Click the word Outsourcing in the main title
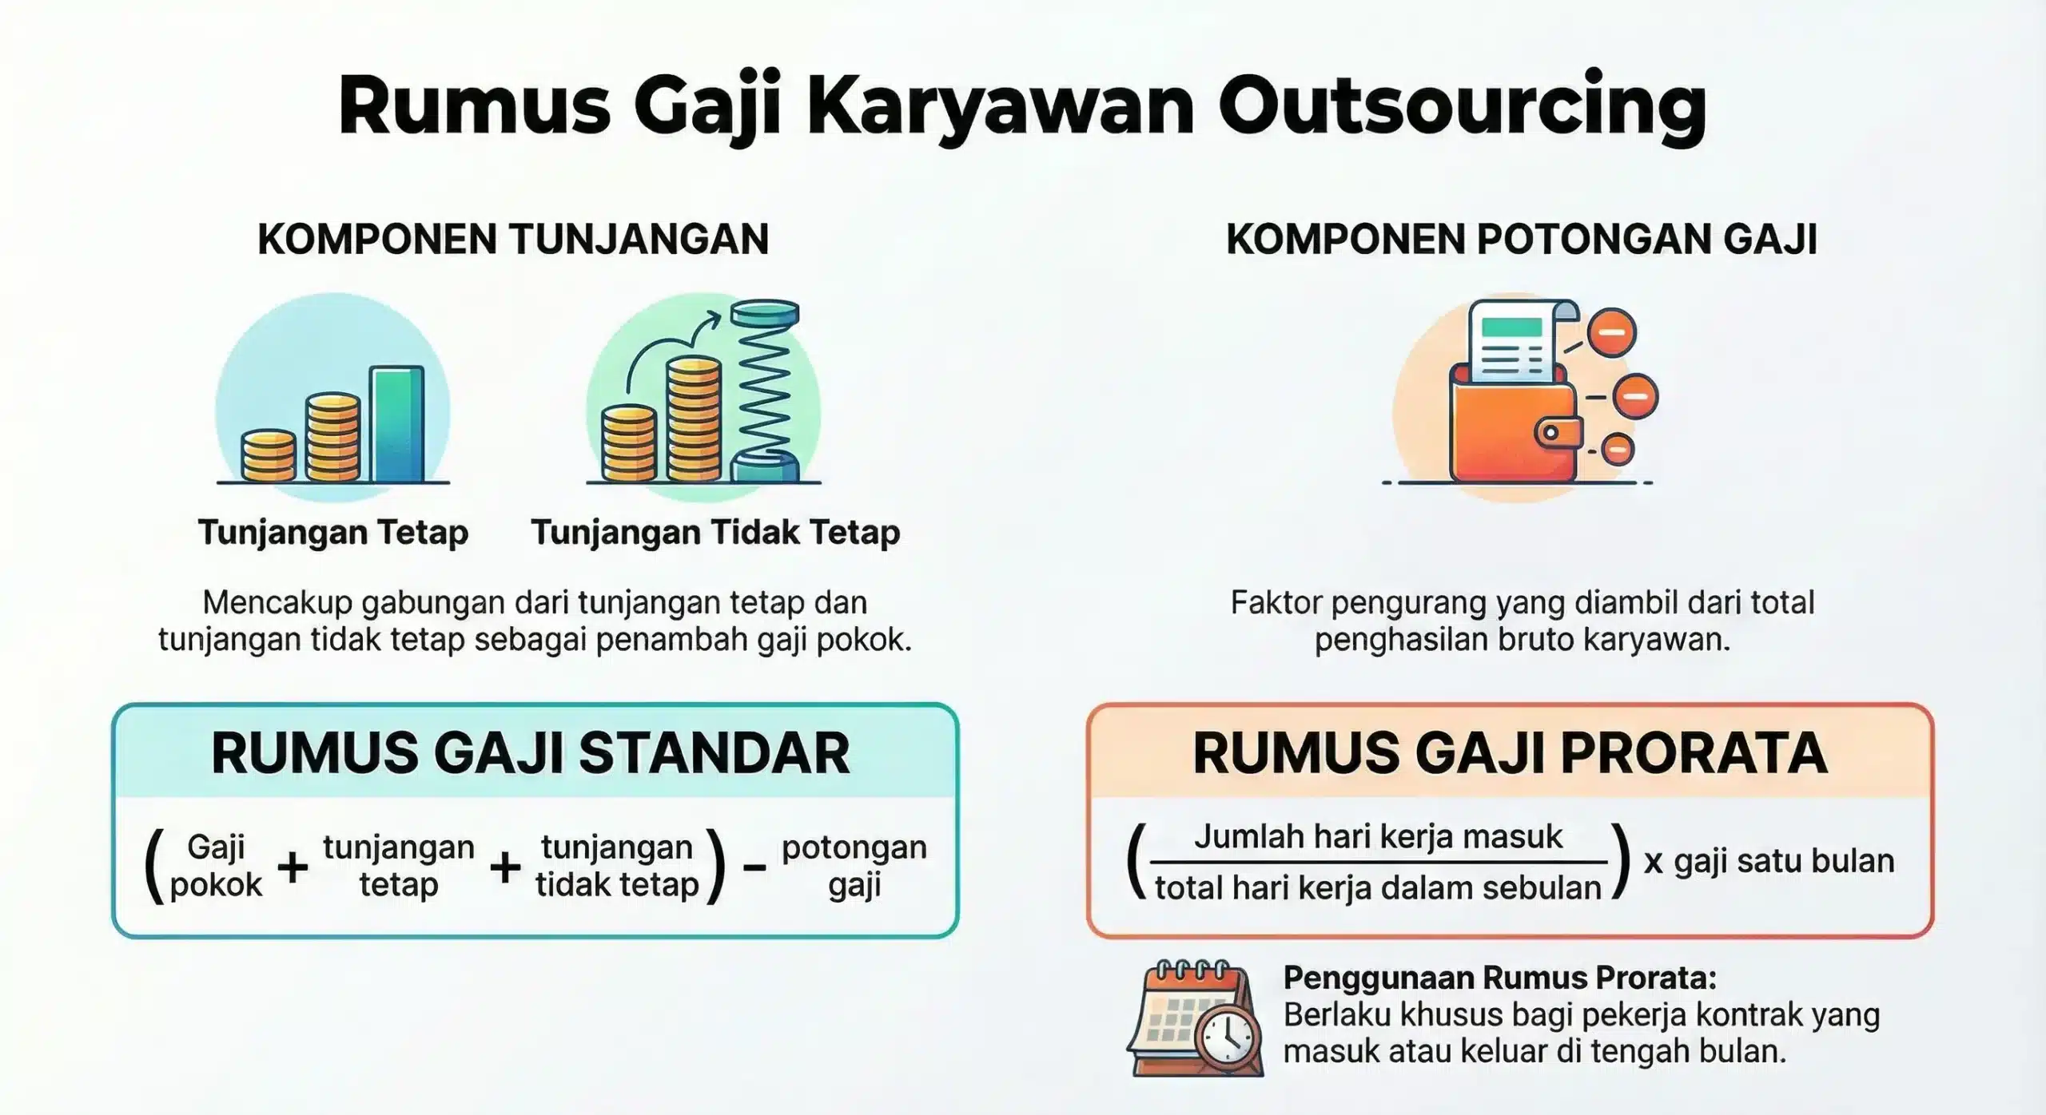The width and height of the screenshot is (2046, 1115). click(1462, 108)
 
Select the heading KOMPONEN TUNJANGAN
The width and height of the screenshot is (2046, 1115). click(513, 240)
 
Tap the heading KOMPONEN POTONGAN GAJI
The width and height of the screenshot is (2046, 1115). click(1522, 240)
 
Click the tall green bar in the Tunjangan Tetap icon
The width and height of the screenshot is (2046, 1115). click(397, 424)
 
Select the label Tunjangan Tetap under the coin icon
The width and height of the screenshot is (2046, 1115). click(333, 533)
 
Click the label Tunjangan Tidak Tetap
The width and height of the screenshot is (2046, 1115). click(716, 533)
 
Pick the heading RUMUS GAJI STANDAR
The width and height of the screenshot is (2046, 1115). click(531, 753)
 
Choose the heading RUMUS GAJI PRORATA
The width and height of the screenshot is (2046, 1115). click(1510, 753)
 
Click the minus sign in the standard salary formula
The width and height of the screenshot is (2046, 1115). click(754, 867)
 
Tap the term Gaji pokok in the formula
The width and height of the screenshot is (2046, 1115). click(216, 866)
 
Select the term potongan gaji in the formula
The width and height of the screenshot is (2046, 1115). click(854, 866)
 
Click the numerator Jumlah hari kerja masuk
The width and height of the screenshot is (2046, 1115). click(1378, 837)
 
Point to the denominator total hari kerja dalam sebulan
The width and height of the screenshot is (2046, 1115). click(1378, 888)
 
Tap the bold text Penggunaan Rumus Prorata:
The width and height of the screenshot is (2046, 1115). click(1499, 978)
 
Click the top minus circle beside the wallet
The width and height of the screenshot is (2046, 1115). click(1611, 332)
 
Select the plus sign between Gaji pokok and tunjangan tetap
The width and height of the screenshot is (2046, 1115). click(293, 867)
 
